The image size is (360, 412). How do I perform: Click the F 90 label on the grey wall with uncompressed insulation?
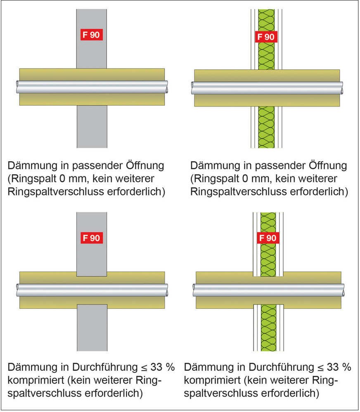(91, 35)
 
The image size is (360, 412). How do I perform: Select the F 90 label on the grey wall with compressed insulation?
(91, 238)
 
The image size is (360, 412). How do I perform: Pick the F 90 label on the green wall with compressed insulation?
(268, 238)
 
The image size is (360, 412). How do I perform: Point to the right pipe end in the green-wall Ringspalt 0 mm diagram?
(342, 87)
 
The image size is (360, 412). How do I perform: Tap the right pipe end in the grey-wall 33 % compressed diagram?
(166, 290)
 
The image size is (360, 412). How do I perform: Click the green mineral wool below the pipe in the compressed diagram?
(268, 331)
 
